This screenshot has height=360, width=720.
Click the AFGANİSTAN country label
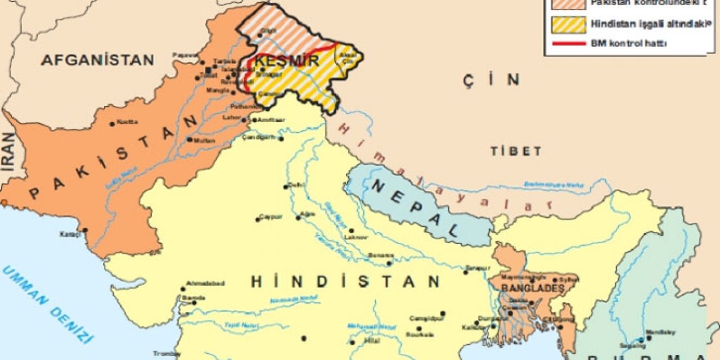97,60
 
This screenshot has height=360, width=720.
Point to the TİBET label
516,151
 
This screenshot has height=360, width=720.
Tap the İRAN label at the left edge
8,152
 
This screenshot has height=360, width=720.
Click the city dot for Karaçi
85,229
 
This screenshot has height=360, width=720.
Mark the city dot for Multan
190,139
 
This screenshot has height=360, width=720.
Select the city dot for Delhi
286,186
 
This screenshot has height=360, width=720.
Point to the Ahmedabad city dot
183,289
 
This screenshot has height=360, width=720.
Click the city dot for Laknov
351,230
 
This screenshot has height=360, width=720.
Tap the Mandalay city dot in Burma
649,337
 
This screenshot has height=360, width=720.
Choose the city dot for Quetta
112,124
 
